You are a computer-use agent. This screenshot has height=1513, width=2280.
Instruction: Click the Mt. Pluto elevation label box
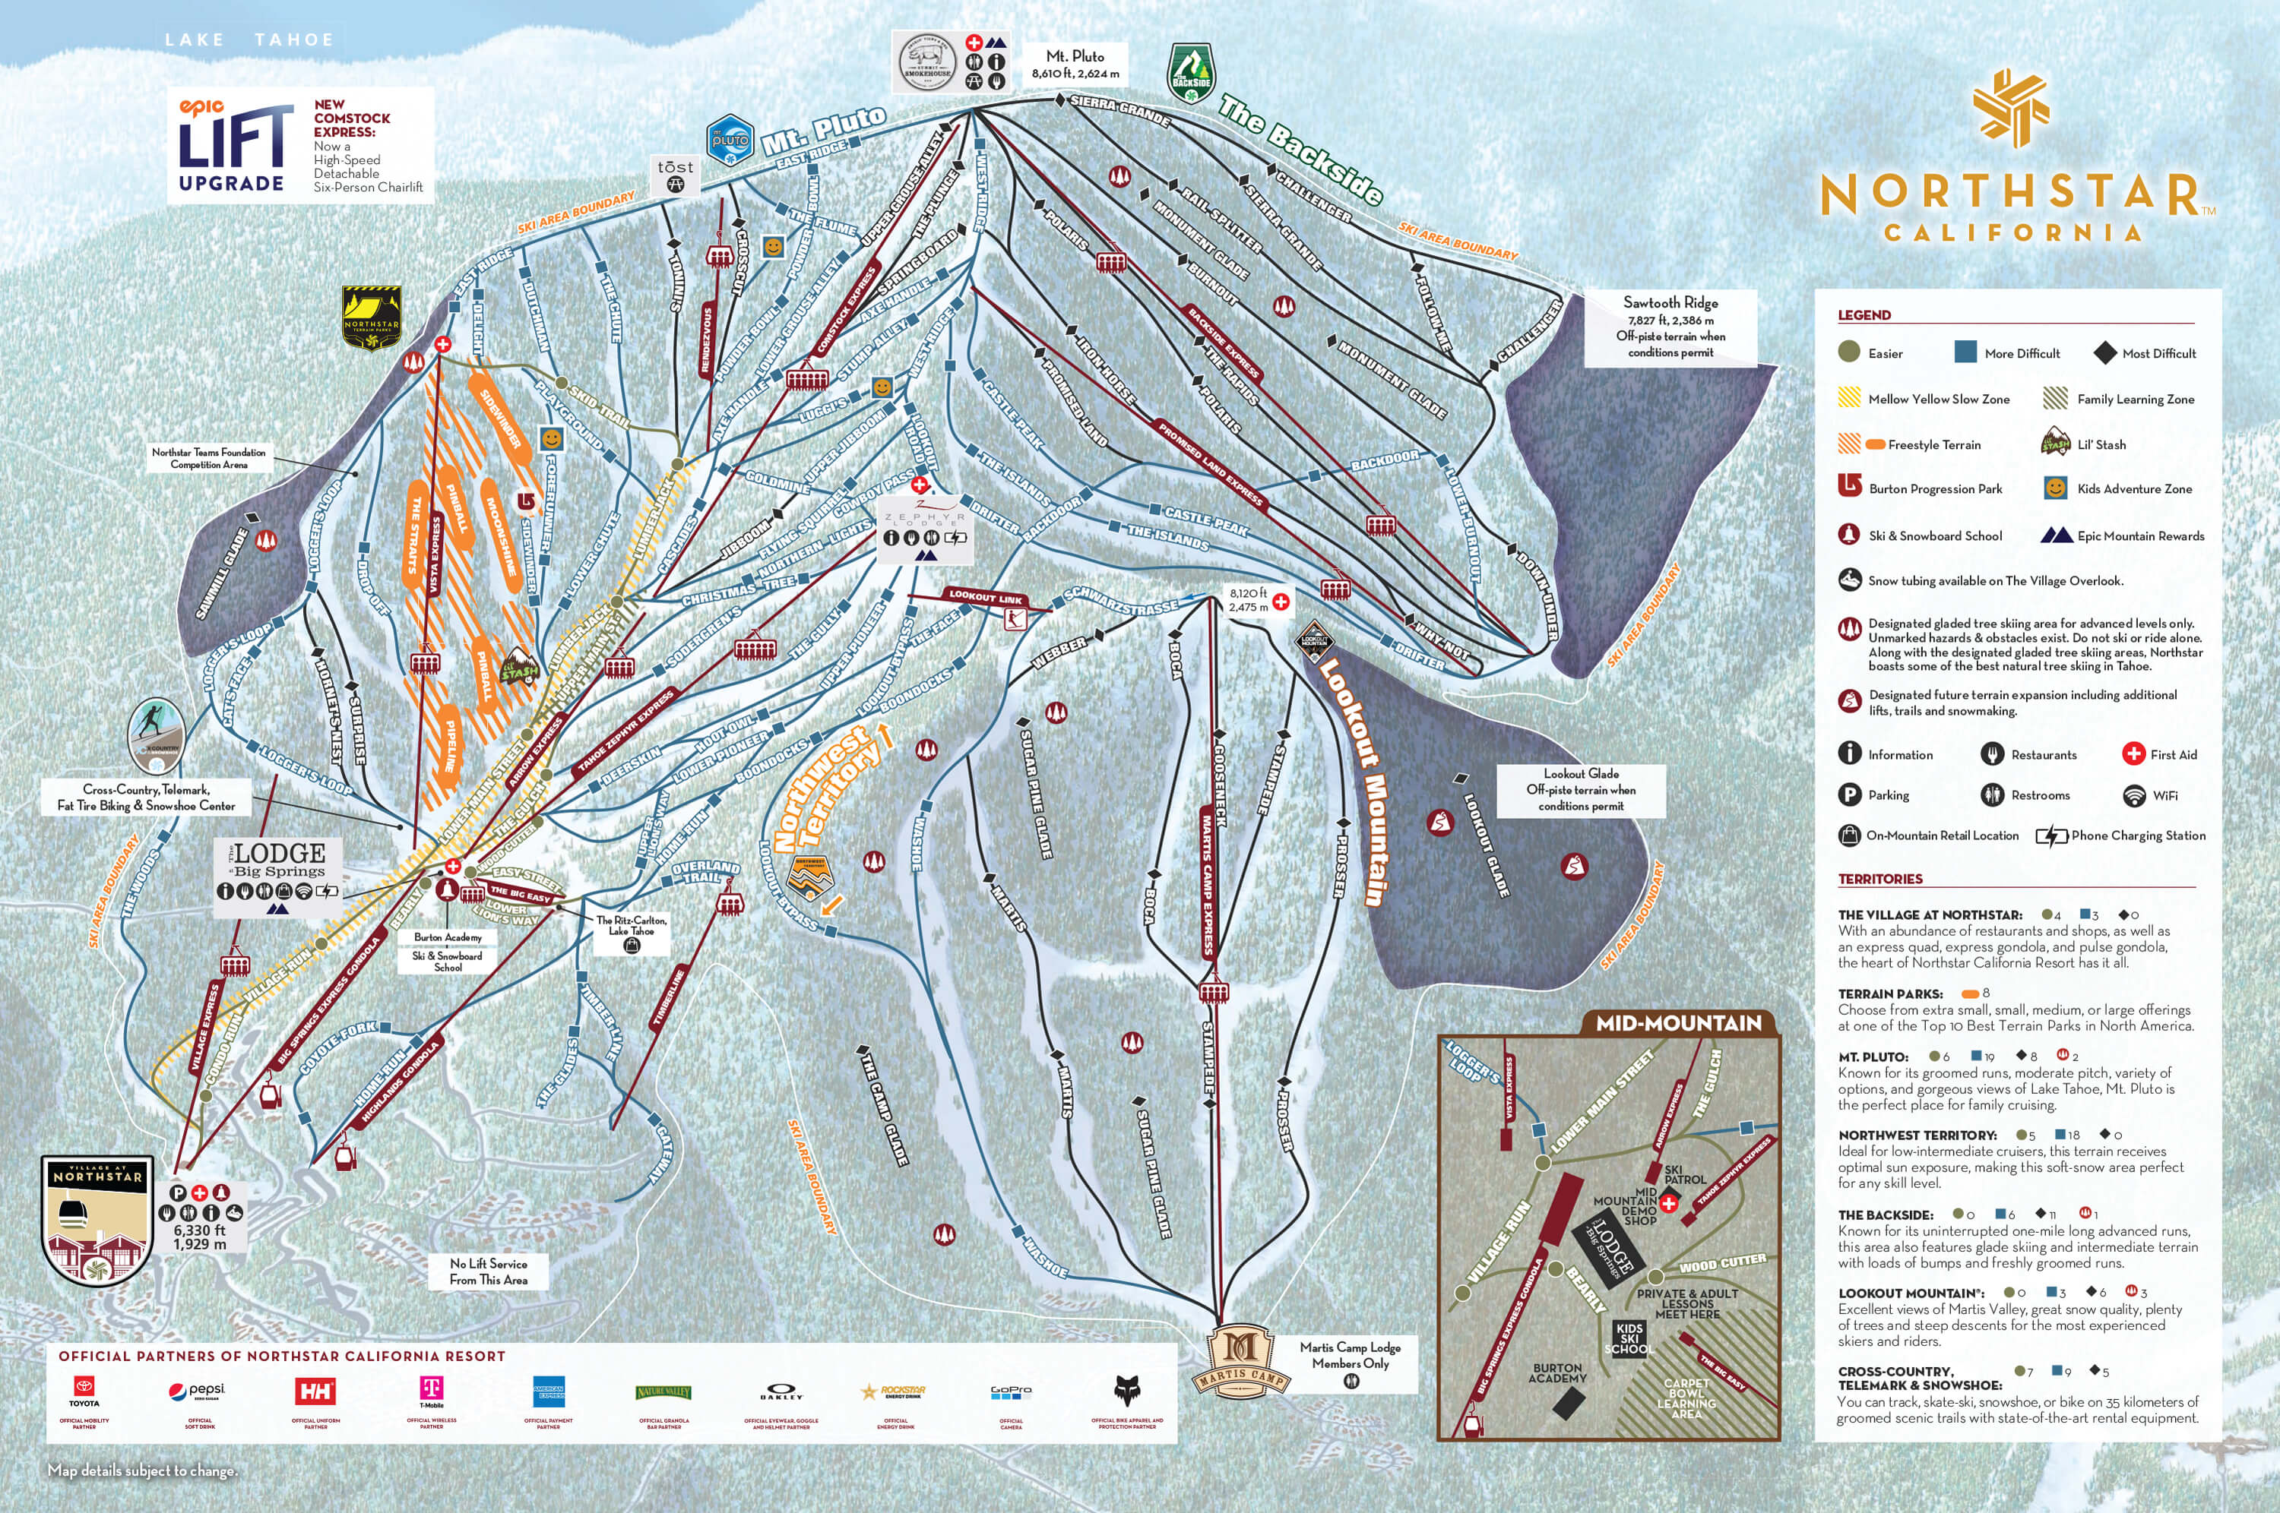[1075, 65]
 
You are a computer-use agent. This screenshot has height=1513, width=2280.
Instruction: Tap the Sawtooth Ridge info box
[1670, 327]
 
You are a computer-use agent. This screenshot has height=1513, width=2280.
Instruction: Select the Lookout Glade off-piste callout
[1580, 789]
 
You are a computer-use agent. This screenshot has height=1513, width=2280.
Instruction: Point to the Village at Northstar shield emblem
[97, 1221]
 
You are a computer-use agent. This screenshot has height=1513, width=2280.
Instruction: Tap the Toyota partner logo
[84, 1391]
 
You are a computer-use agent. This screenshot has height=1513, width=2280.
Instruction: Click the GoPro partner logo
[1011, 1391]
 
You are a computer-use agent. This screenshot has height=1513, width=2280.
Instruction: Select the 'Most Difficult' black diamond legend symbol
[2104, 353]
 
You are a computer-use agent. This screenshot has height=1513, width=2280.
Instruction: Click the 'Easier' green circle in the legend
[1848, 352]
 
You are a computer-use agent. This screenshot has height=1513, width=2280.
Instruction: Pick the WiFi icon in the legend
[2134, 795]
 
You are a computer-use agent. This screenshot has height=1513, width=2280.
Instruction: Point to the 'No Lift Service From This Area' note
[489, 1271]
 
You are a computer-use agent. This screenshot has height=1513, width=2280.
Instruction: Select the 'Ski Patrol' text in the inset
[1684, 1174]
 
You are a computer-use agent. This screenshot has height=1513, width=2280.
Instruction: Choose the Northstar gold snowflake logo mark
[2012, 107]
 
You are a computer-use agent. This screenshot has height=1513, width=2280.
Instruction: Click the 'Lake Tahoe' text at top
[249, 39]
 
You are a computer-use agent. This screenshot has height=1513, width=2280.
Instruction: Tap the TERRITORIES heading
[1879, 879]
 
